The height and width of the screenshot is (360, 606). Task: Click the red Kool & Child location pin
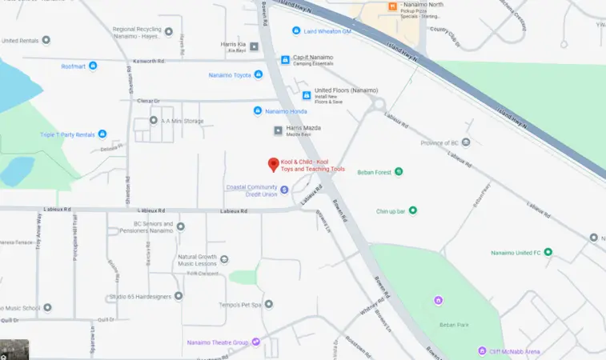(273, 164)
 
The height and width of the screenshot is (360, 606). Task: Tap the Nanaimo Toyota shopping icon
(258, 75)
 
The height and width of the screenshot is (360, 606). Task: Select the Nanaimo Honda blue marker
(258, 110)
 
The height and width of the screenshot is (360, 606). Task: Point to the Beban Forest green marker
(399, 171)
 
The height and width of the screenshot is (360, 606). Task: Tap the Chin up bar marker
(413, 210)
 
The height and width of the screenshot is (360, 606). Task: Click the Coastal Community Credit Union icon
(284, 189)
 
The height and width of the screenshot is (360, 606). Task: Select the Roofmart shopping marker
(93, 66)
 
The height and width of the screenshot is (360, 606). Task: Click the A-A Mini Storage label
(183, 121)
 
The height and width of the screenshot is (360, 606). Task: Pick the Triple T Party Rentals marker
(102, 134)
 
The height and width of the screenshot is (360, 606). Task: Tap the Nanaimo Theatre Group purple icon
(255, 342)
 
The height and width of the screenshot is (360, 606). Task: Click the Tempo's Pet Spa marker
(269, 304)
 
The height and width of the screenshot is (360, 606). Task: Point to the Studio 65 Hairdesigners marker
(179, 297)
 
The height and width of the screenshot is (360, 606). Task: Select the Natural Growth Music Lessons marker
(224, 259)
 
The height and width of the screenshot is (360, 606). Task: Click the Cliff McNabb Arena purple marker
(482, 350)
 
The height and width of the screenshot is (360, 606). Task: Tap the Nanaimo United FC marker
(548, 252)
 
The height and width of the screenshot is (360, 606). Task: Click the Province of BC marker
(466, 142)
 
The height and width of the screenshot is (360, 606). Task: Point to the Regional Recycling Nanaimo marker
(168, 32)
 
